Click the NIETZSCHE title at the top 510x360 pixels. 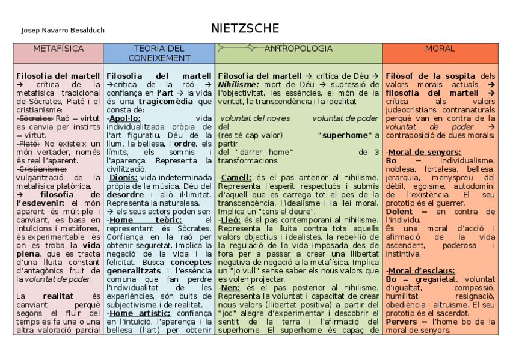point(245,29)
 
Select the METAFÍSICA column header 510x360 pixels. point(58,49)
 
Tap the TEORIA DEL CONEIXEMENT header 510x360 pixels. point(159,53)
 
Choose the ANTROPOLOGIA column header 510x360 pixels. point(298,49)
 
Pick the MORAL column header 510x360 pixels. point(440,49)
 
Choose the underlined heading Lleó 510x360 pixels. point(232,220)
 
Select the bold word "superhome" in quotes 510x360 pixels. point(344,136)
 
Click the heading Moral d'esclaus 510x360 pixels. point(420,270)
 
